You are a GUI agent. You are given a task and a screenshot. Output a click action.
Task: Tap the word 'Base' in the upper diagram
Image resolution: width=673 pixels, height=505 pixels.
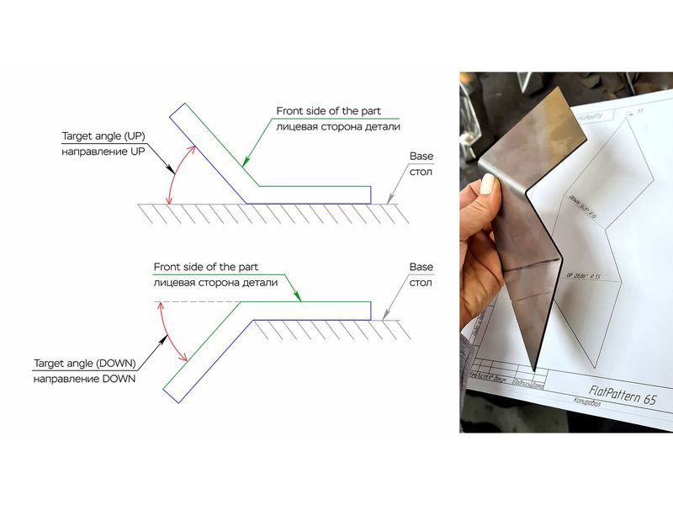421,157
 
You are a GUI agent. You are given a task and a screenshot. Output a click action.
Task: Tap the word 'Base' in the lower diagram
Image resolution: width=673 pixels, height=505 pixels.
421,267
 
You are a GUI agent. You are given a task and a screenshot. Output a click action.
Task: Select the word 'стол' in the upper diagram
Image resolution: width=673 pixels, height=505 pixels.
421,173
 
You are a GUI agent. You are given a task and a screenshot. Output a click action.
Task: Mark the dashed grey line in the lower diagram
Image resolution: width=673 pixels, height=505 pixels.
193,302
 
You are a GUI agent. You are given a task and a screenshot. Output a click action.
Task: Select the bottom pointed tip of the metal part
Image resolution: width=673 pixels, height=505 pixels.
534,369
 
